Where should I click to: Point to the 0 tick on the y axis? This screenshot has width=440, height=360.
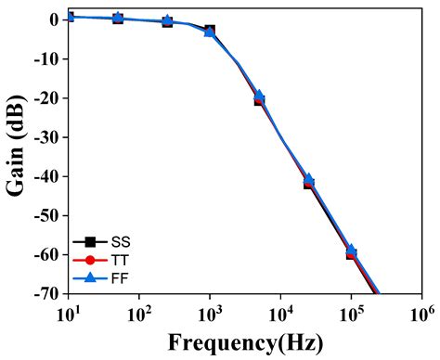[55, 19]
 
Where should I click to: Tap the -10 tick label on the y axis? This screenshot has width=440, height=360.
[46, 58]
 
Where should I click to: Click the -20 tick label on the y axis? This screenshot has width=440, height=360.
[46, 98]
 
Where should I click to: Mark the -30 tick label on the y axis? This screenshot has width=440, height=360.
[46, 137]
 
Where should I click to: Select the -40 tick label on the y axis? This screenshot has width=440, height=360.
[46, 176]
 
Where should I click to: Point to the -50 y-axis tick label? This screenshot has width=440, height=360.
[46, 215]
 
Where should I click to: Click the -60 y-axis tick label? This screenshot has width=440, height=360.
[46, 255]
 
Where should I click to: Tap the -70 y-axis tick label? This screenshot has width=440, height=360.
[46, 294]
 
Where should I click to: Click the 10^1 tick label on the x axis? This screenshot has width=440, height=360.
[68, 312]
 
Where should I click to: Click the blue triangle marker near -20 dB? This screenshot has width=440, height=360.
[259, 96]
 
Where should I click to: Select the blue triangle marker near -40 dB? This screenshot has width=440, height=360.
[309, 180]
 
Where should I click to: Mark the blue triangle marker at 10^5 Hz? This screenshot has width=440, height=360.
[352, 251]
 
